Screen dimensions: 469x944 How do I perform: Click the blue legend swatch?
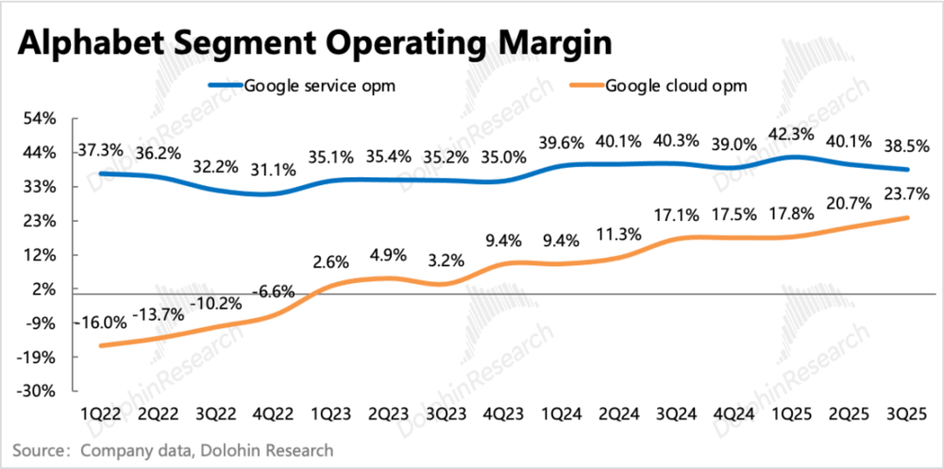point(226,85)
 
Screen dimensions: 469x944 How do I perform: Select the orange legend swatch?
point(586,85)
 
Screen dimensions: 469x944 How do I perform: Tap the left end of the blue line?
point(101,173)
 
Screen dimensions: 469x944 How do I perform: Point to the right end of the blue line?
point(908,170)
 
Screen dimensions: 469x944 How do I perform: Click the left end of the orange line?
point(101,345)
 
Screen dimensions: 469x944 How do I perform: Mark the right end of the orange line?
point(908,218)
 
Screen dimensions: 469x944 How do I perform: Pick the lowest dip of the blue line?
point(261,194)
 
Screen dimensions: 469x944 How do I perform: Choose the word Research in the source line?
point(300,450)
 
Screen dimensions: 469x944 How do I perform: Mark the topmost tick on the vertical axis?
point(75,118)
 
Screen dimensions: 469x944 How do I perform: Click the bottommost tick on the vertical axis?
point(75,390)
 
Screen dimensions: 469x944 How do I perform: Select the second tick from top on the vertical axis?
point(75,152)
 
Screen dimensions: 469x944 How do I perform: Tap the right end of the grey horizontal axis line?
point(922,293)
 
